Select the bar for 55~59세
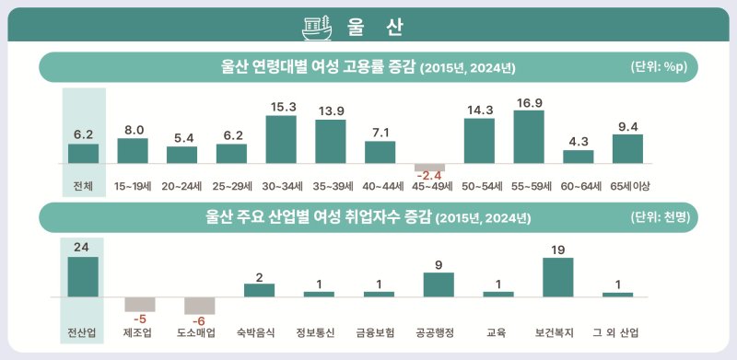[528, 136]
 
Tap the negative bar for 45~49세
[429, 166]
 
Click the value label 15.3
[281, 107]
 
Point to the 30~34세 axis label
[281, 186]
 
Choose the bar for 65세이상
[627, 148]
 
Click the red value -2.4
[429, 175]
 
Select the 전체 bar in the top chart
[83, 153]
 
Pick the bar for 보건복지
[557, 277]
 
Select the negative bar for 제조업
[140, 304]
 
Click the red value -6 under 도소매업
[200, 320]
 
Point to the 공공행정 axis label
[439, 331]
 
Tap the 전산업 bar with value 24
[83, 276]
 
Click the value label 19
[557, 250]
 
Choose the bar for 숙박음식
[259, 290]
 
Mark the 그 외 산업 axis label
[617, 331]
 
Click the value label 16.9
[528, 102]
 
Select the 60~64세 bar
[578, 156]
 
